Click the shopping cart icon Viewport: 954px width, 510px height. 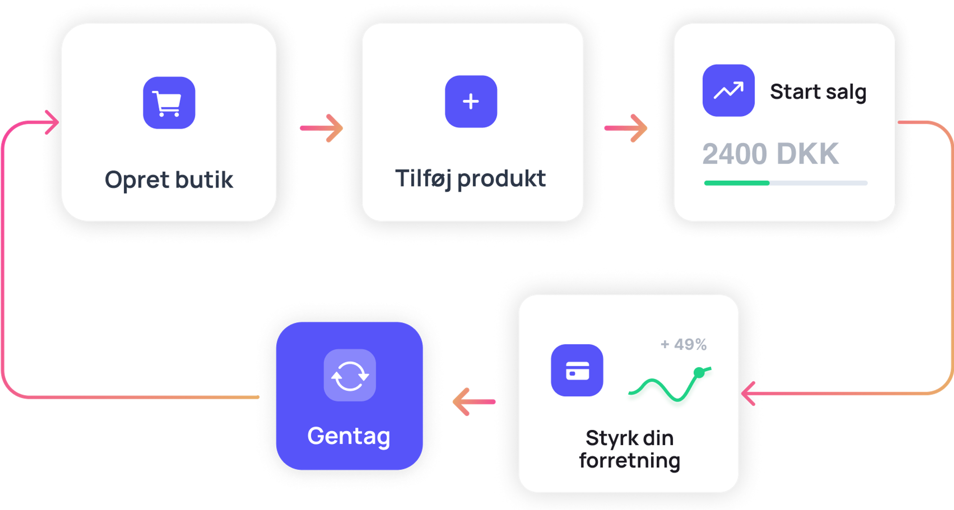pos(169,103)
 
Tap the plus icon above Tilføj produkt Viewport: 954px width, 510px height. pos(471,101)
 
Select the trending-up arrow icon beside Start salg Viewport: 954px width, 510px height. pos(728,90)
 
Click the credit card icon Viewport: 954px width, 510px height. pos(577,370)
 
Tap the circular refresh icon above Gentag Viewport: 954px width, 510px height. pos(350,376)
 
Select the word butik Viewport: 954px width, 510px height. pos(204,180)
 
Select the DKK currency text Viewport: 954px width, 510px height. pos(808,154)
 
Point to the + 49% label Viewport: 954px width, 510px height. pos(684,344)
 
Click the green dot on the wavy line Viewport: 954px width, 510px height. pos(699,372)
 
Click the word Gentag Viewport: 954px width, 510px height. pos(349,436)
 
